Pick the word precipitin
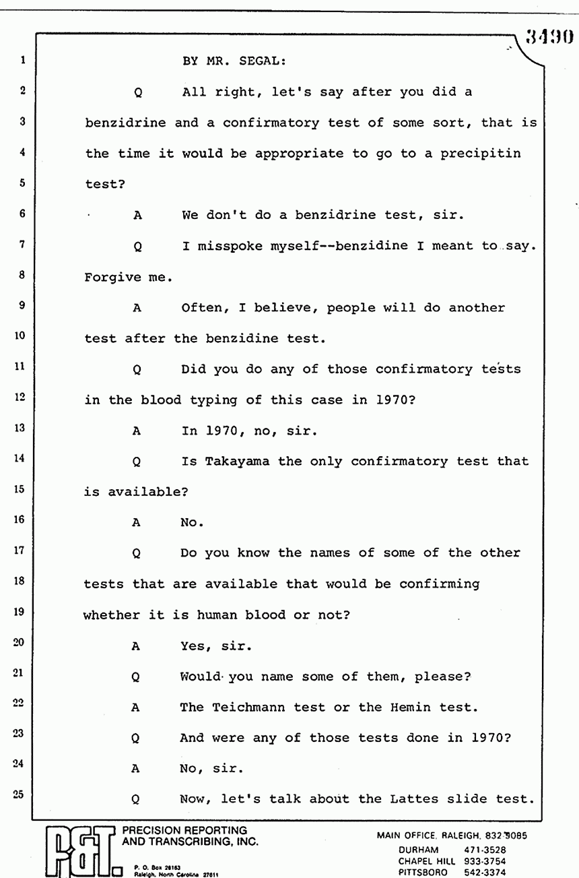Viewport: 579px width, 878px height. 481,153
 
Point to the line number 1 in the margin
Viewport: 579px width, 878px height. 23,60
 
